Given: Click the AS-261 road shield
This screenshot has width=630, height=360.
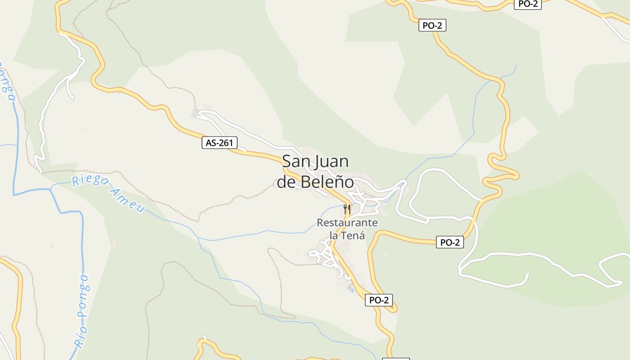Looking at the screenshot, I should [219, 143].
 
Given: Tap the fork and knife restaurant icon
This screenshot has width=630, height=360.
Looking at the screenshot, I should [347, 209].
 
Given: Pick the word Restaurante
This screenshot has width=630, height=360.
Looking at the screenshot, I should [347, 223].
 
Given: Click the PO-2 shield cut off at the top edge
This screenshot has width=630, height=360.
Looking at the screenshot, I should [527, 4].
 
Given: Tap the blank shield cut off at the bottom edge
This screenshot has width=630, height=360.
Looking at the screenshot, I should [396, 359].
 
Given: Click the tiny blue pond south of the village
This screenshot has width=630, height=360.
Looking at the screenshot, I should [351, 289].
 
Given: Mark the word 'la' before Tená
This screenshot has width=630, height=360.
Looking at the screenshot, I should [334, 235].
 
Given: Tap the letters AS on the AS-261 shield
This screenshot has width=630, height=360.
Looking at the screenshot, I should [211, 143].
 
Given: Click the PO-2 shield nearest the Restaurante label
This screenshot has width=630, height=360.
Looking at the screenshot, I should [450, 242].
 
